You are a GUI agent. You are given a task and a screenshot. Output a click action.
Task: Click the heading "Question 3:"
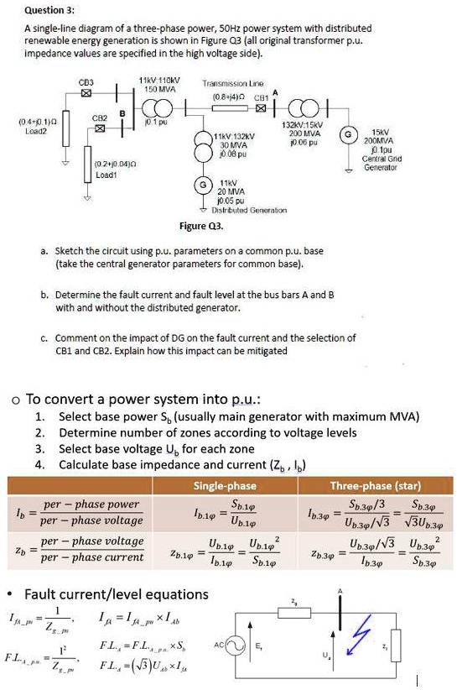click(x=50, y=10)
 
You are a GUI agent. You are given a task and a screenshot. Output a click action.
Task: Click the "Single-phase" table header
click(x=225, y=486)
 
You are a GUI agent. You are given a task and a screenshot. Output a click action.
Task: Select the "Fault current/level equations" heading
click(x=116, y=594)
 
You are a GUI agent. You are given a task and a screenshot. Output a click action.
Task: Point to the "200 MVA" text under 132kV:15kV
click(x=304, y=134)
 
